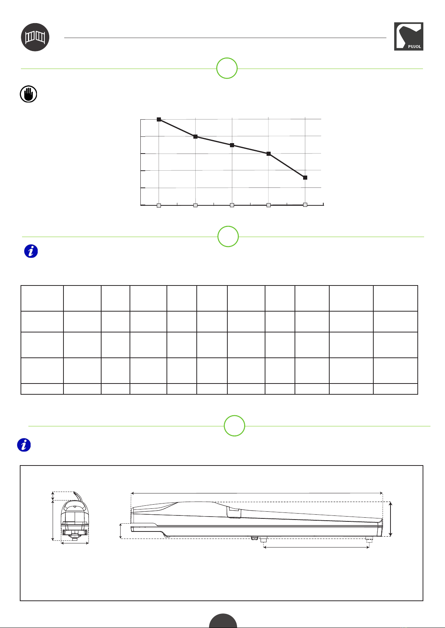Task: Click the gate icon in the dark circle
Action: point(35,37)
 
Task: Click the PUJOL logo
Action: point(408,37)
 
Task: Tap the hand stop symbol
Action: point(28,94)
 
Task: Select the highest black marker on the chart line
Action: point(159,119)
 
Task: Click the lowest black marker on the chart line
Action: point(305,177)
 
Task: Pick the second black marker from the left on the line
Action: point(195,136)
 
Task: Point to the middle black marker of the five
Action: point(232,145)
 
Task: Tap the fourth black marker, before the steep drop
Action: point(268,154)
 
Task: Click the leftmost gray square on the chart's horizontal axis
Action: point(159,205)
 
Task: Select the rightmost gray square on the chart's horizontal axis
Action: point(305,205)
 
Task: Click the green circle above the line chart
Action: point(227,68)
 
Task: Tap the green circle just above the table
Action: point(228,236)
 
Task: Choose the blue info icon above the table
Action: point(31,251)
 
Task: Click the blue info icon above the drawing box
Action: point(24,445)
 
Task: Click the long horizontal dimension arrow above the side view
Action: point(256,493)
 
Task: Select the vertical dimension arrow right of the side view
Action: point(390,519)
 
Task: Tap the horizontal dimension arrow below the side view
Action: point(316,547)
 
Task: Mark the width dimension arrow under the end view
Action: point(75,543)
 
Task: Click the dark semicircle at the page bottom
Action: point(223,621)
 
